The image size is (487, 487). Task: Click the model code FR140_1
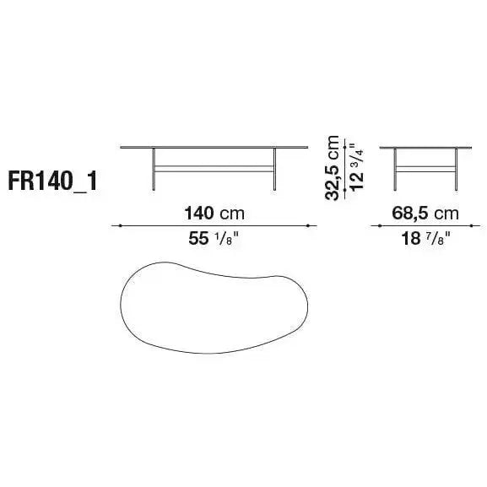(53, 181)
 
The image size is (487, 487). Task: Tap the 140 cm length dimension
(214, 214)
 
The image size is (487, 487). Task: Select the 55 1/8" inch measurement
(214, 239)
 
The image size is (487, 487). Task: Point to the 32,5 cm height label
(332, 168)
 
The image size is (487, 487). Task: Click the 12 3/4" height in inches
(356, 167)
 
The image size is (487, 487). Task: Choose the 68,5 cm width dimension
(425, 214)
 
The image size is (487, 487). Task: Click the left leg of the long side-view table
(154, 170)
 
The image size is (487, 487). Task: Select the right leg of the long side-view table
(274, 170)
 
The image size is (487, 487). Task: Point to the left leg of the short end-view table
(395, 170)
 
